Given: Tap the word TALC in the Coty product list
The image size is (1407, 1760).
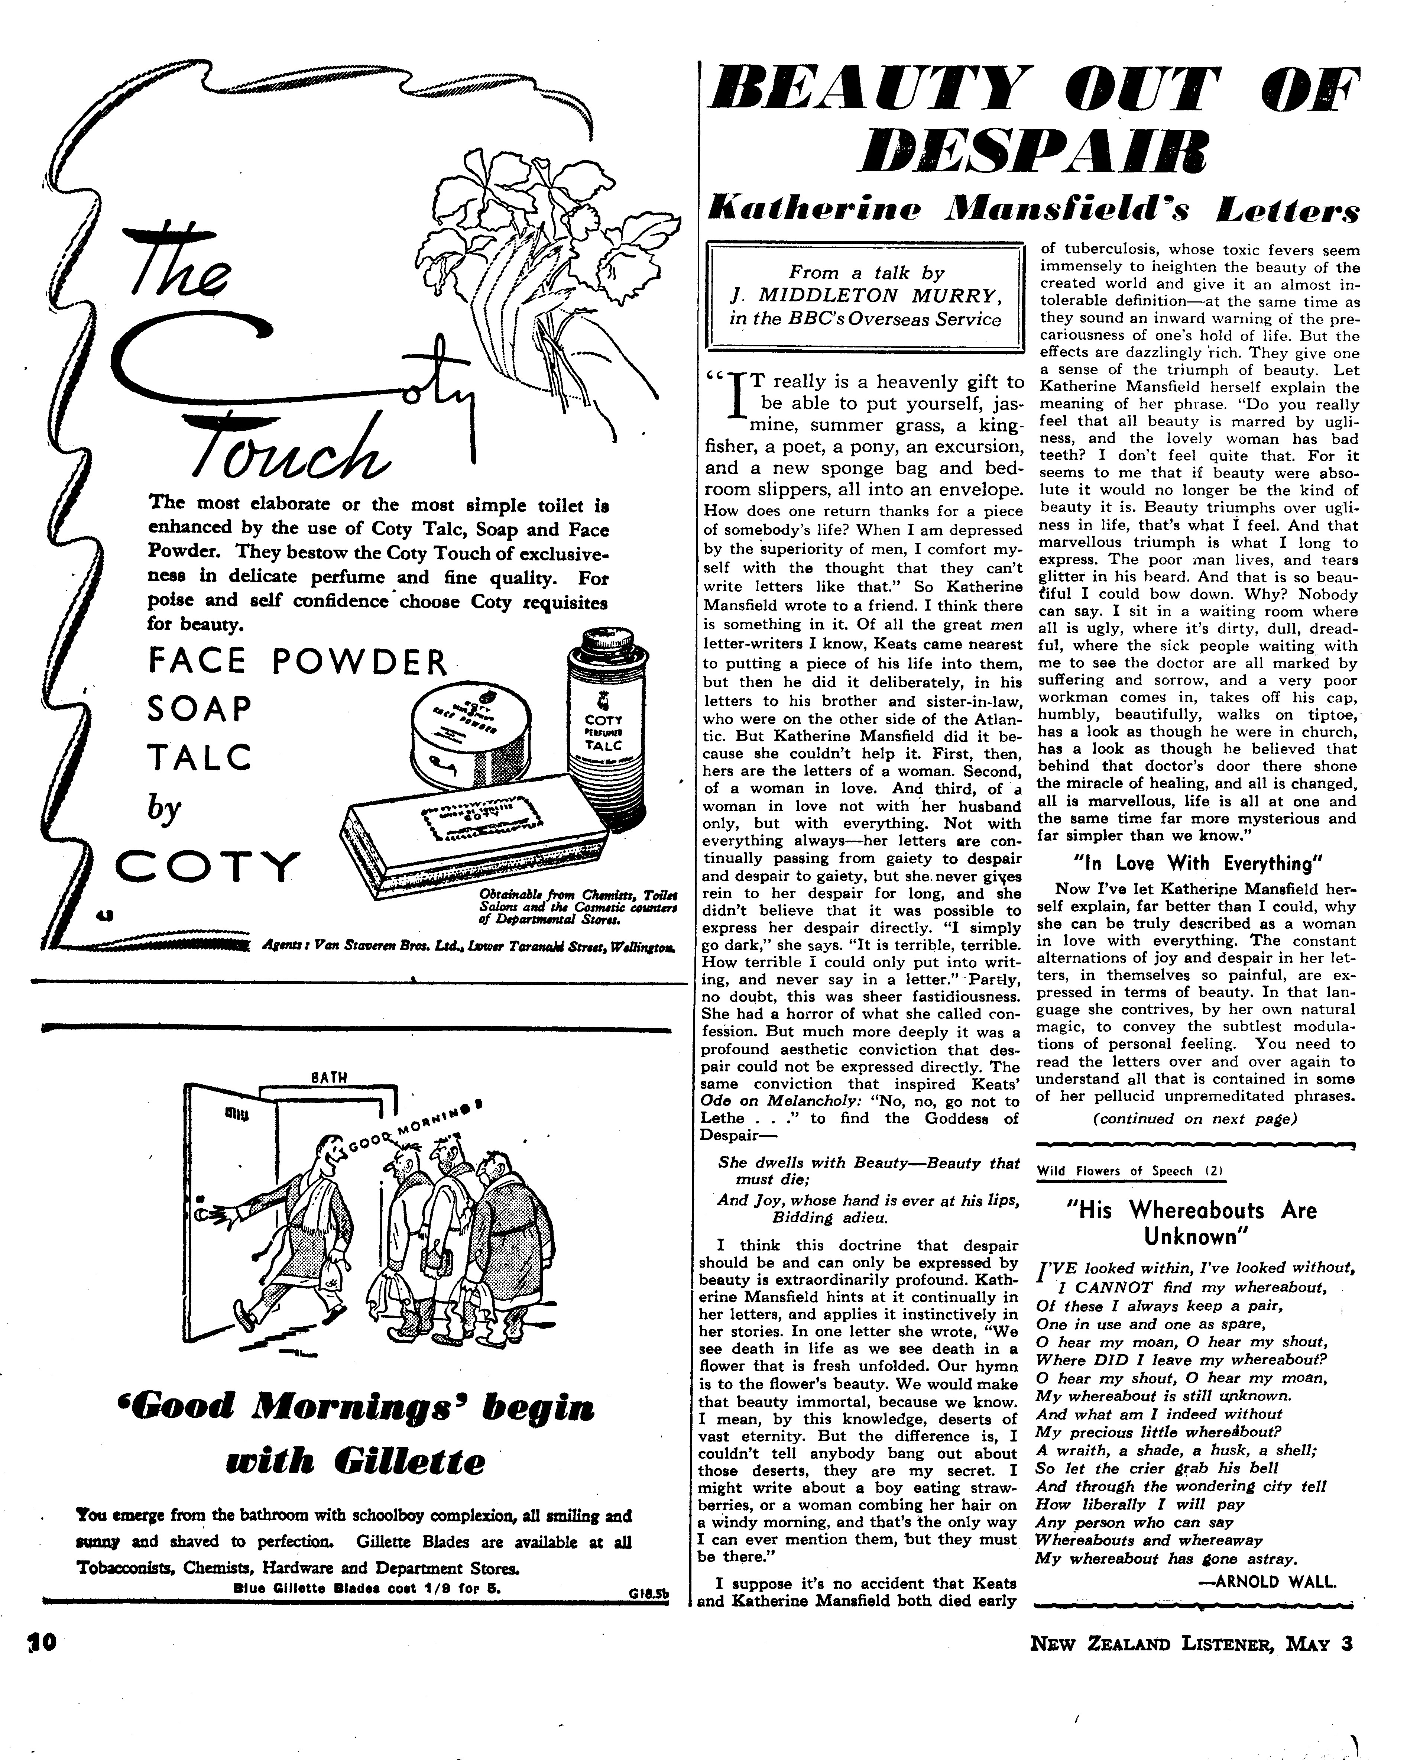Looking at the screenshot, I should (x=199, y=758).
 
